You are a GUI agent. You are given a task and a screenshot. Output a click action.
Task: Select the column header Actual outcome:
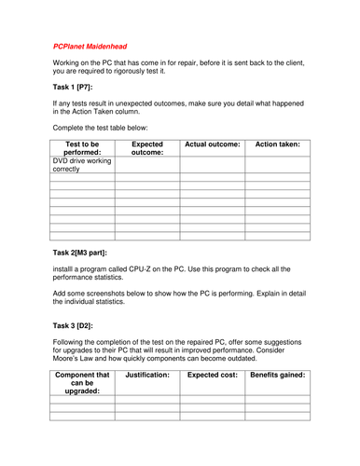click(x=213, y=144)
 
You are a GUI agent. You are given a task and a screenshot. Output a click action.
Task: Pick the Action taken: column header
click(x=277, y=144)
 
